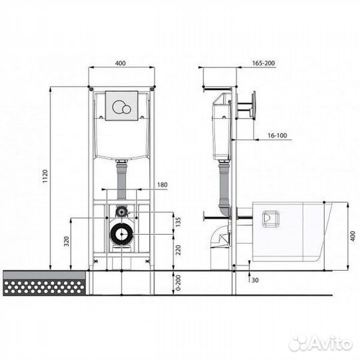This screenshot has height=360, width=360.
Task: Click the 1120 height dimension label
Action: [45, 176]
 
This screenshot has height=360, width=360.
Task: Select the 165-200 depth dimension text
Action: [263, 63]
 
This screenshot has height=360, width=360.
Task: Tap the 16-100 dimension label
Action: [277, 135]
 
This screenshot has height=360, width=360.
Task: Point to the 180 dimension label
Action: [162, 185]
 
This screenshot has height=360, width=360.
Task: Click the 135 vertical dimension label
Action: [178, 222]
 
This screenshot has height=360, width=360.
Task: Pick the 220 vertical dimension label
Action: [178, 250]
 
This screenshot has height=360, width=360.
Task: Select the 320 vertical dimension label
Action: [67, 241]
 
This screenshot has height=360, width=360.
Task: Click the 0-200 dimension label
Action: [178, 283]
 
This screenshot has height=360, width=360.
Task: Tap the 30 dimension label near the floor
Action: [255, 280]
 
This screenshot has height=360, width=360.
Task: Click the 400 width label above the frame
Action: [120, 63]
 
